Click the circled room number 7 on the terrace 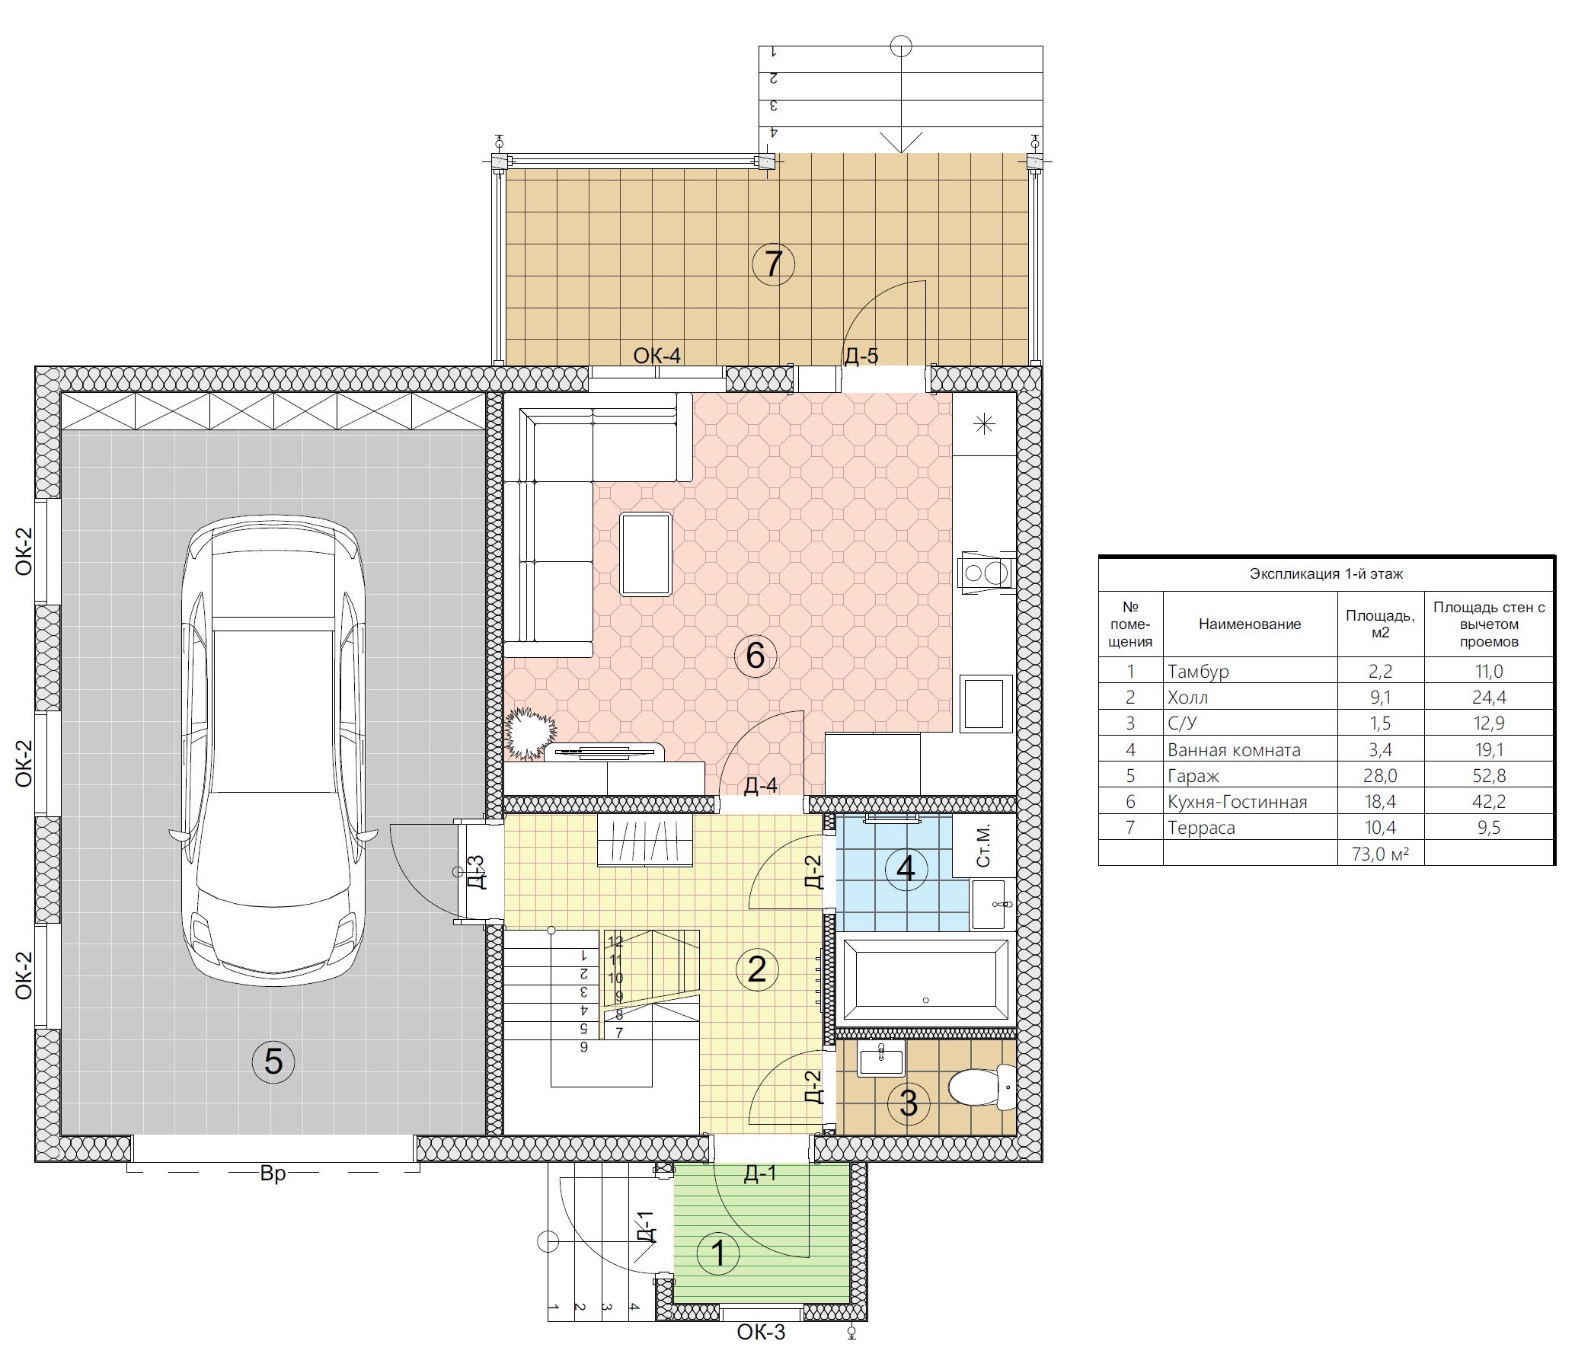[x=773, y=263]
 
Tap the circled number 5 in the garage [x=273, y=1061]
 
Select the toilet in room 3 [x=982, y=1087]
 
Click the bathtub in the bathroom [x=925, y=979]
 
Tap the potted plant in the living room [x=530, y=733]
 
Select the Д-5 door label [x=861, y=356]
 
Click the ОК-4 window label [x=657, y=356]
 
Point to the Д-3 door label [x=475, y=872]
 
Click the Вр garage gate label [x=273, y=1173]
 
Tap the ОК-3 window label [x=761, y=1332]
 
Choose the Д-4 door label [x=760, y=785]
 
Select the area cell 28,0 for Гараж [x=1381, y=776]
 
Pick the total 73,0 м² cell [x=1381, y=854]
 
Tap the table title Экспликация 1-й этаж [x=1326, y=574]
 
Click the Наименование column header [x=1250, y=624]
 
